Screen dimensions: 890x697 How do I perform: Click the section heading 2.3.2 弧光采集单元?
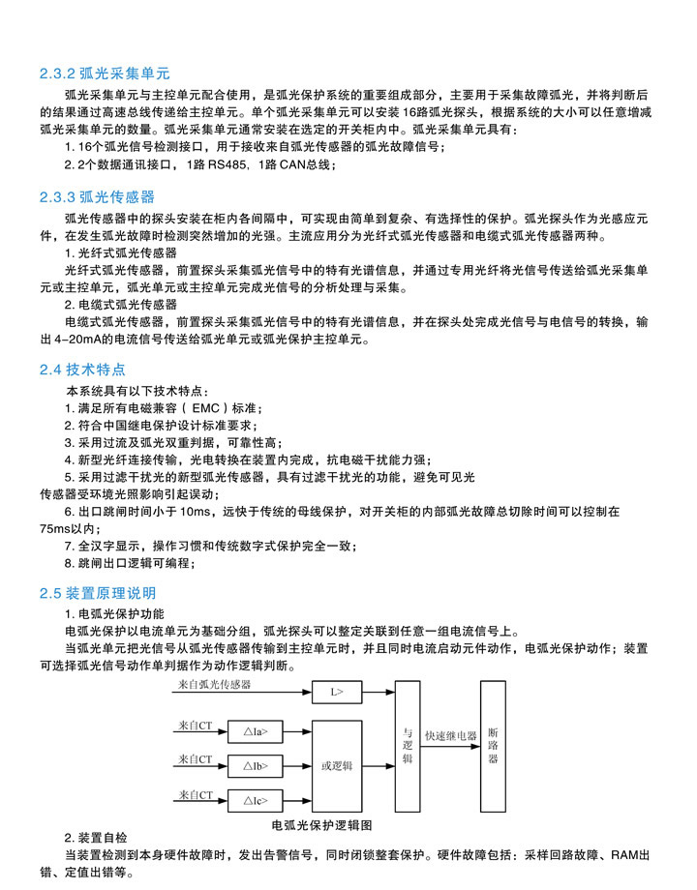[105, 73]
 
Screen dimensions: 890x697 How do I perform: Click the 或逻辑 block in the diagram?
[336, 766]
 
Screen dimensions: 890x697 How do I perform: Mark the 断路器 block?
[493, 746]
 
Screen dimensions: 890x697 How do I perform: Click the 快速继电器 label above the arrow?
[451, 736]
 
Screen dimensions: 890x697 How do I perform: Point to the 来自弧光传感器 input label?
[214, 684]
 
